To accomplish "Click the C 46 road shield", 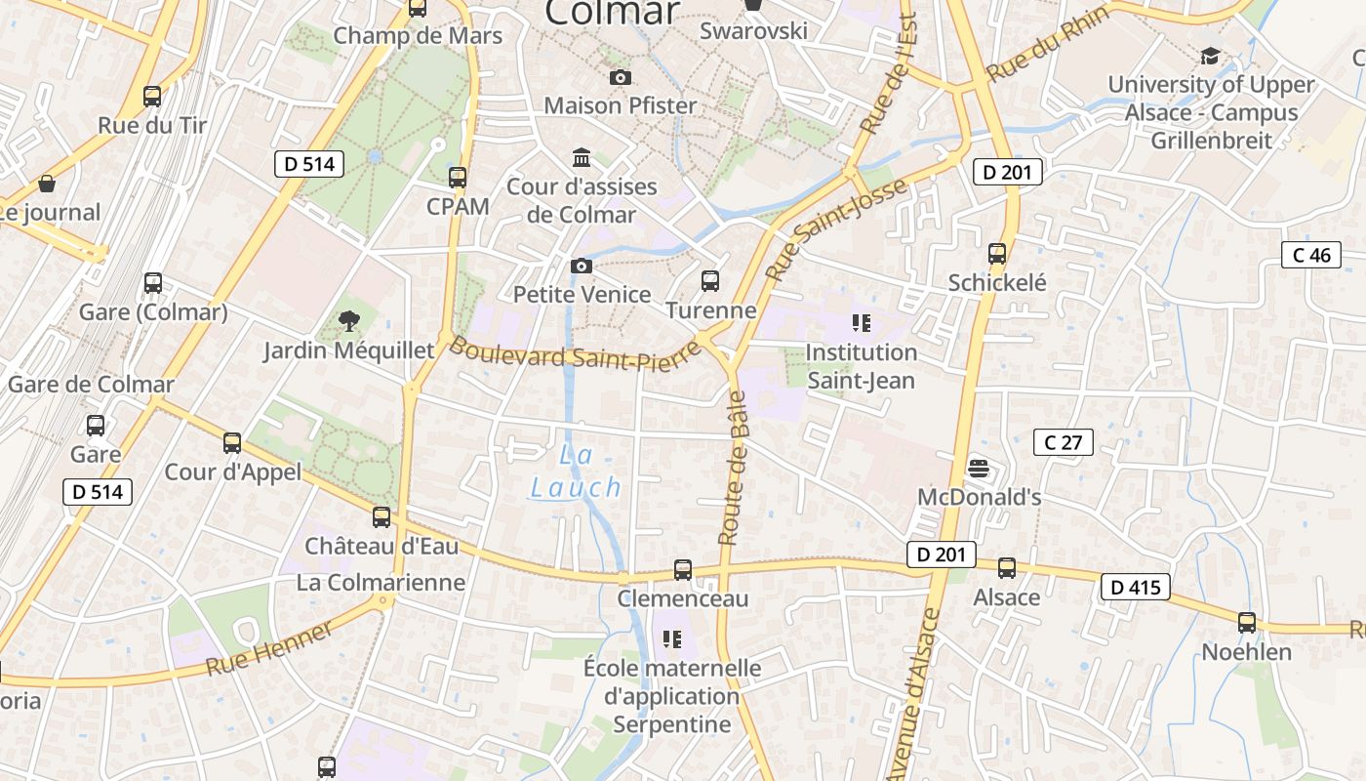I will [1311, 256].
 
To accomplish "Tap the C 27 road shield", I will [1063, 442].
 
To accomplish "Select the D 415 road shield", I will [1135, 587].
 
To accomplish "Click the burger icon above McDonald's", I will [979, 469].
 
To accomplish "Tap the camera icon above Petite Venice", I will [582, 266].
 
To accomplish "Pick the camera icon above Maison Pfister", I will [620, 77].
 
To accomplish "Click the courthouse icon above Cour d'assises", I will [582, 157].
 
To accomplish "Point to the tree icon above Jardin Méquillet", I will [348, 320].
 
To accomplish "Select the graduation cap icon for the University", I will [1210, 56].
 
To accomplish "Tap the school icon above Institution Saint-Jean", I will [861, 322].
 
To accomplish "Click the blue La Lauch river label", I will [576, 472].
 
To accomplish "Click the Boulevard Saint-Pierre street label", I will [576, 356].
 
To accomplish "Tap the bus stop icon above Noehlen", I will [1246, 622].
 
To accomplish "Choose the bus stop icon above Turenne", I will [710, 281].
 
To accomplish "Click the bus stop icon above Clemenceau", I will [683, 569].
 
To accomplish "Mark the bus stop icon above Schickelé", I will [997, 254].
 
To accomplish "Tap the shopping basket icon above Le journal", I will [46, 184].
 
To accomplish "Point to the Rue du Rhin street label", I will [1048, 45].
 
